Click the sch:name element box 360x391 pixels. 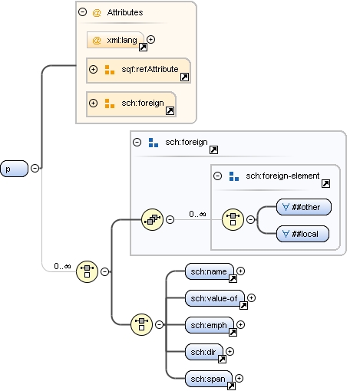click(210, 271)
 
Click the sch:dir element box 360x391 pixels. click(205, 351)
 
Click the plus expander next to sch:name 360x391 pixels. click(240, 271)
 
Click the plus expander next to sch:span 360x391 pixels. click(240, 377)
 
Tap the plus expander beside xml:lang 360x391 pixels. click(151, 39)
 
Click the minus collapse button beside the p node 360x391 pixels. click(35, 169)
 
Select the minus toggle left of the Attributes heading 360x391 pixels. click(82, 13)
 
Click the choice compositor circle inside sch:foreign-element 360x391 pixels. click(233, 220)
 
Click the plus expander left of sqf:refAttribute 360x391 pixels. click(94, 70)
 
